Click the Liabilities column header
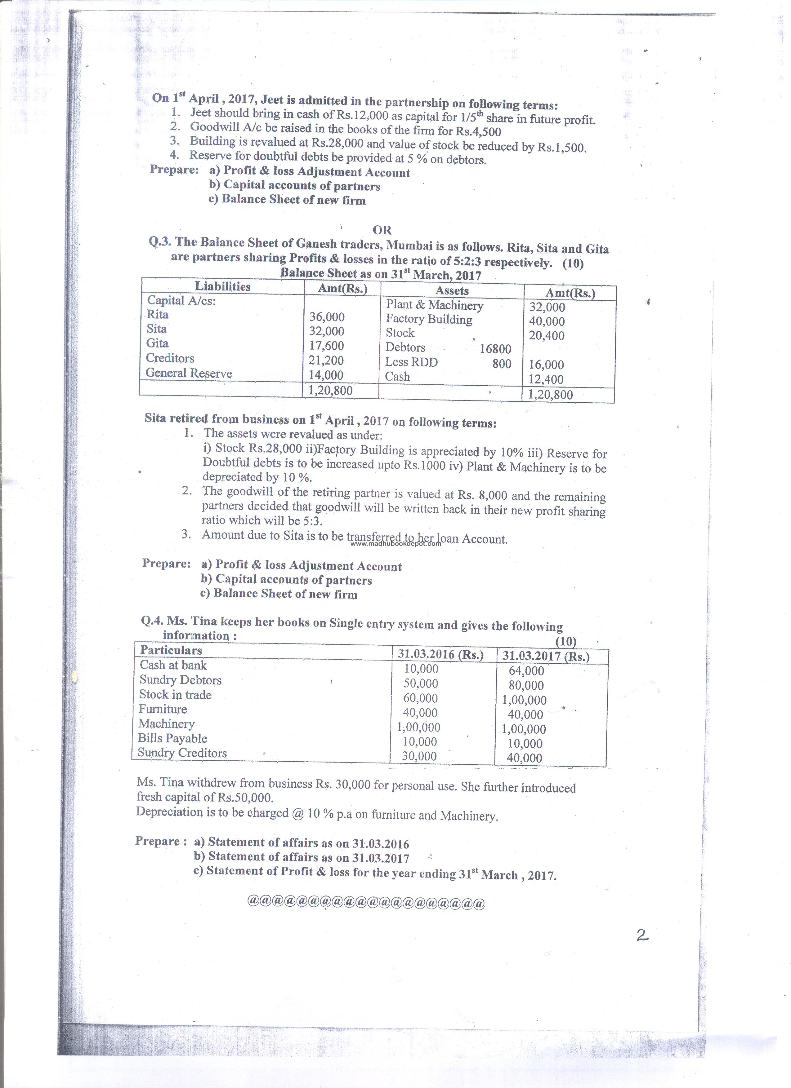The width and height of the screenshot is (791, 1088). [x=223, y=286]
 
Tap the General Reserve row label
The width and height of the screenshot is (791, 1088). [x=189, y=373]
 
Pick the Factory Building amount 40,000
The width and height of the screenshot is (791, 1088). [x=547, y=321]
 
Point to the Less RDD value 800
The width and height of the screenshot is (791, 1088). [x=502, y=364]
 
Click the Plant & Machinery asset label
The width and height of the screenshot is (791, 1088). [x=434, y=305]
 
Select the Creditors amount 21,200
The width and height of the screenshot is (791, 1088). [x=326, y=360]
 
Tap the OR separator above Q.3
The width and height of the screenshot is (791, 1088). [x=382, y=230]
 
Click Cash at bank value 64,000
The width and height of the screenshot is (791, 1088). [x=526, y=671]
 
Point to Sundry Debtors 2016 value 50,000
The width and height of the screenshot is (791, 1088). [x=420, y=683]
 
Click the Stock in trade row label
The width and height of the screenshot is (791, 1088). [x=175, y=695]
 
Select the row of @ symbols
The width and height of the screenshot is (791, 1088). [x=365, y=904]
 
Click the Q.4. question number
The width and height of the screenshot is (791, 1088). [x=152, y=621]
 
